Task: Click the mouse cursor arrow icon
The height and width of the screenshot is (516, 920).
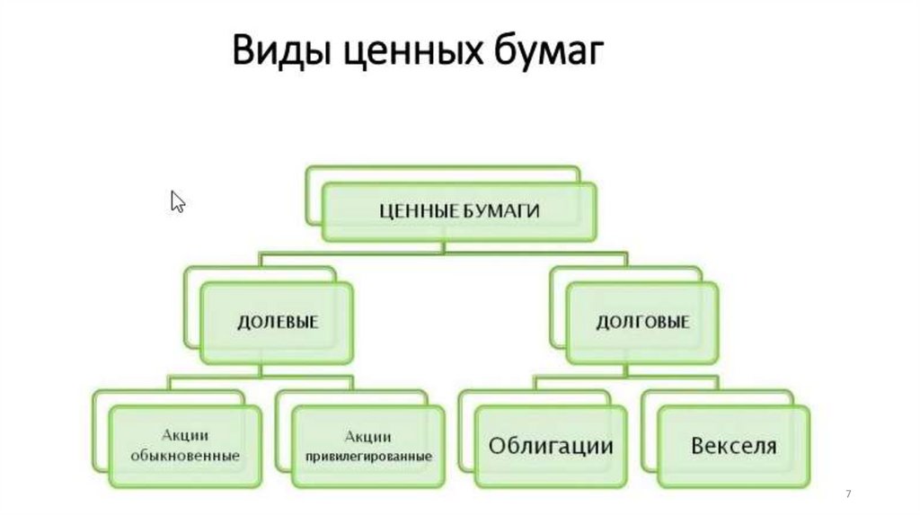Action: pos(177,201)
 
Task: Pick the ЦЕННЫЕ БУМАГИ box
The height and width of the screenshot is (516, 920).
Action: pos(458,211)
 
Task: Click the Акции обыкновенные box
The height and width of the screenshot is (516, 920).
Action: pos(184,447)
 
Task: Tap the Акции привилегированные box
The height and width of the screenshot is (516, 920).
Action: pos(367,447)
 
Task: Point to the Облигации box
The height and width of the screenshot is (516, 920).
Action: pos(552,447)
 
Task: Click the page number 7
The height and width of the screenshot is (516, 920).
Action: pos(848,495)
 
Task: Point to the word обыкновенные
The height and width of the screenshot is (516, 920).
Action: pos(185,456)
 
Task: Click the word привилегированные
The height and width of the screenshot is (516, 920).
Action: pos(368,457)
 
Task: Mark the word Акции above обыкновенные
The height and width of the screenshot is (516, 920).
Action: pos(185,436)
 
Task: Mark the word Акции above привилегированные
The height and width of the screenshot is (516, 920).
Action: pos(368,436)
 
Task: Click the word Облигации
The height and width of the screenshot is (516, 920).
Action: pos(552,447)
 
